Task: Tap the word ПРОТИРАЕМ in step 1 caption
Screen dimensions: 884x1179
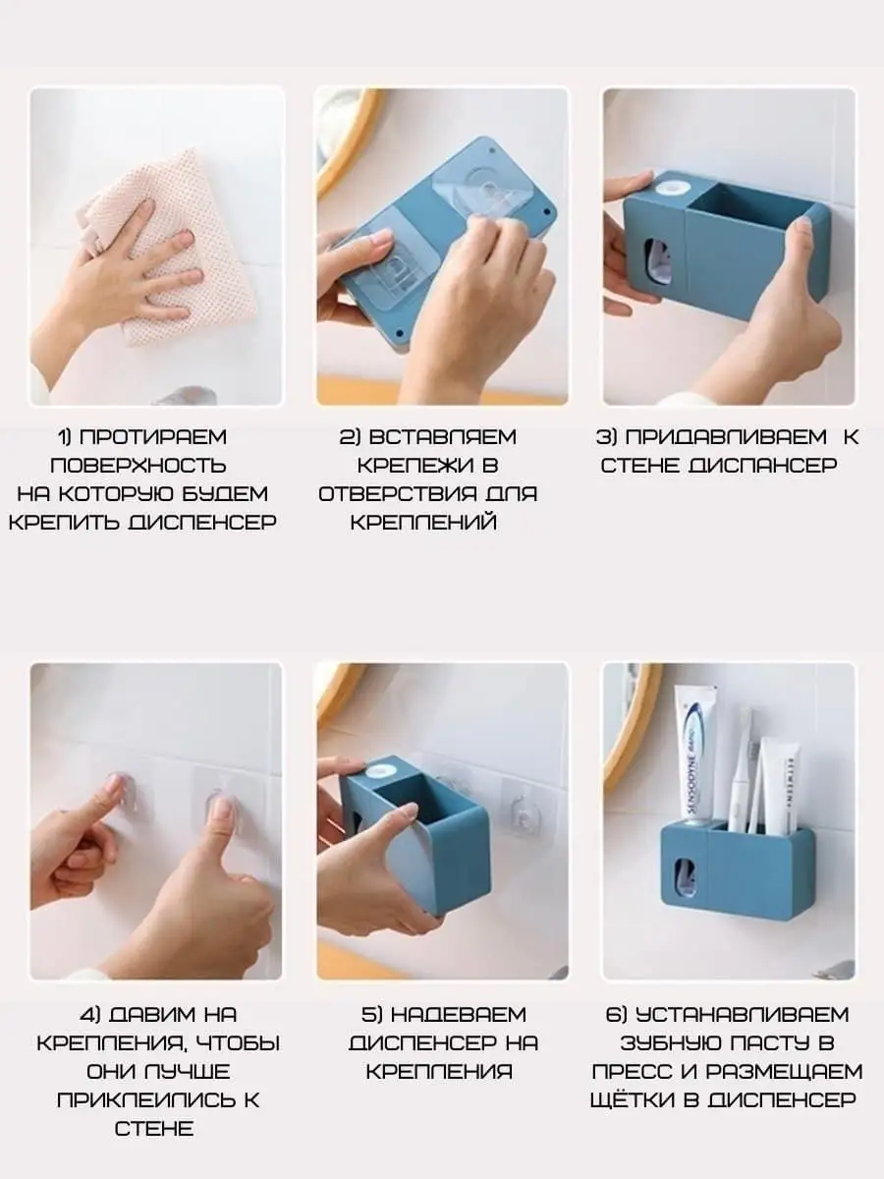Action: point(153,436)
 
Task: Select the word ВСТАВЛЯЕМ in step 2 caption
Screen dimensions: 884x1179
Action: point(443,436)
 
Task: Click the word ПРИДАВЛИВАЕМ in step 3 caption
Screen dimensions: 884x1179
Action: point(726,436)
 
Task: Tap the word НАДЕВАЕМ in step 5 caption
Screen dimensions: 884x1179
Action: point(459,1015)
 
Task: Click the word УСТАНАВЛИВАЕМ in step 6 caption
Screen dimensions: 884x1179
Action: point(743,1015)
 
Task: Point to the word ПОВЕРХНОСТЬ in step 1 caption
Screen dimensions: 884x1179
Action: point(138,465)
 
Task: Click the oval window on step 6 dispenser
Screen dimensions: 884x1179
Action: point(684,877)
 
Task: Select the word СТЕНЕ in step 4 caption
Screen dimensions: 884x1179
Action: point(154,1129)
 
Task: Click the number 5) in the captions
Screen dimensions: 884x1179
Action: point(371,1015)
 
